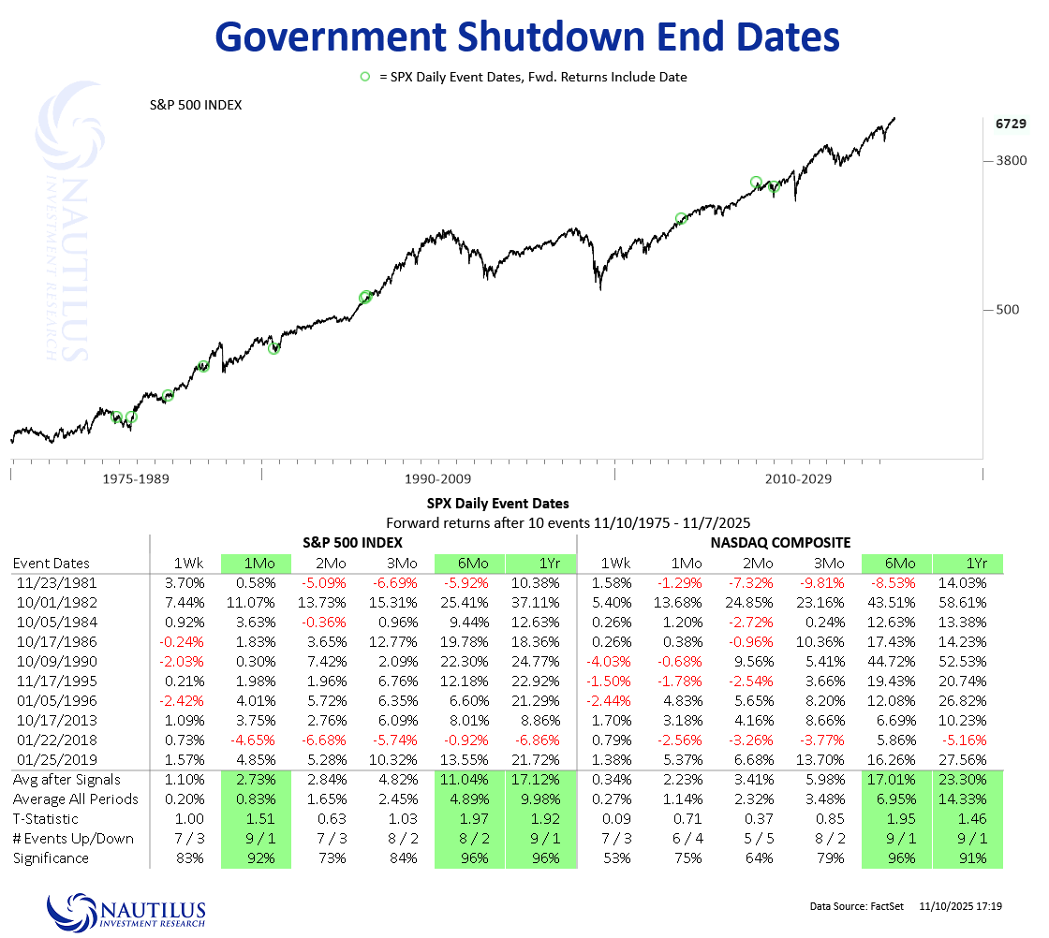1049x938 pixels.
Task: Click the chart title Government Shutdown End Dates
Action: [527, 37]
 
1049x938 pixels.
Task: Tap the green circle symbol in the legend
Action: [365, 77]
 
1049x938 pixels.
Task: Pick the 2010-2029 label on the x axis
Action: [798, 478]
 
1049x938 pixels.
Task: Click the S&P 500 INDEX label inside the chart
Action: [196, 105]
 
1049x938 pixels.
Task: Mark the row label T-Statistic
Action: [51, 819]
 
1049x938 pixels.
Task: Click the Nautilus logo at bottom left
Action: [126, 911]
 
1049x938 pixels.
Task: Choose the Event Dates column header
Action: [51, 563]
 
